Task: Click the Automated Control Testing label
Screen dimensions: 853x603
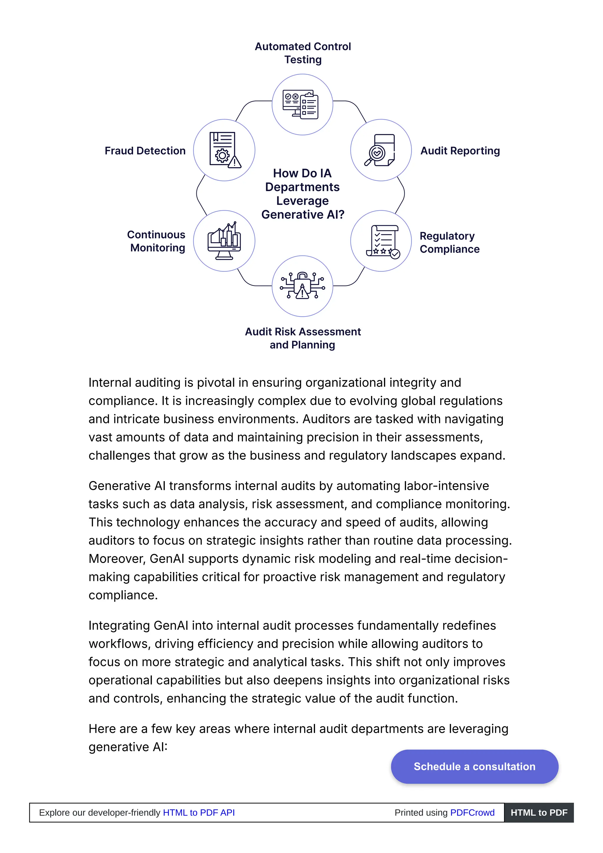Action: click(x=302, y=53)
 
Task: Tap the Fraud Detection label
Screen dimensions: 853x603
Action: click(x=145, y=150)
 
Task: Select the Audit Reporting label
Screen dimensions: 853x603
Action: click(x=460, y=150)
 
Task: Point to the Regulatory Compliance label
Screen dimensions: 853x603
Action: click(x=449, y=242)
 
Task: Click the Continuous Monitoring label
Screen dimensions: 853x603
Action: click(x=156, y=241)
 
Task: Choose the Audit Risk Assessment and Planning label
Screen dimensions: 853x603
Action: click(x=302, y=338)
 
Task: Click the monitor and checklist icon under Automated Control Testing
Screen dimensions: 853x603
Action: click(x=300, y=105)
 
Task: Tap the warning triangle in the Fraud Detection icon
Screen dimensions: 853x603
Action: click(x=234, y=162)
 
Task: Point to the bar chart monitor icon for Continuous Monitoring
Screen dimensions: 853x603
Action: click(x=224, y=241)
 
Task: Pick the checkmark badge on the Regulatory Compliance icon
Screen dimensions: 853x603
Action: click(x=395, y=254)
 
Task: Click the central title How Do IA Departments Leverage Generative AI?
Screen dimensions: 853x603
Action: click(x=302, y=193)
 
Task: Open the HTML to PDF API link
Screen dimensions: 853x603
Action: click(x=199, y=812)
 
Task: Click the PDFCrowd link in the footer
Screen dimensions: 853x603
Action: click(x=472, y=812)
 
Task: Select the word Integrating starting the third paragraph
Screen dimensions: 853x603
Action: click(x=119, y=625)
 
